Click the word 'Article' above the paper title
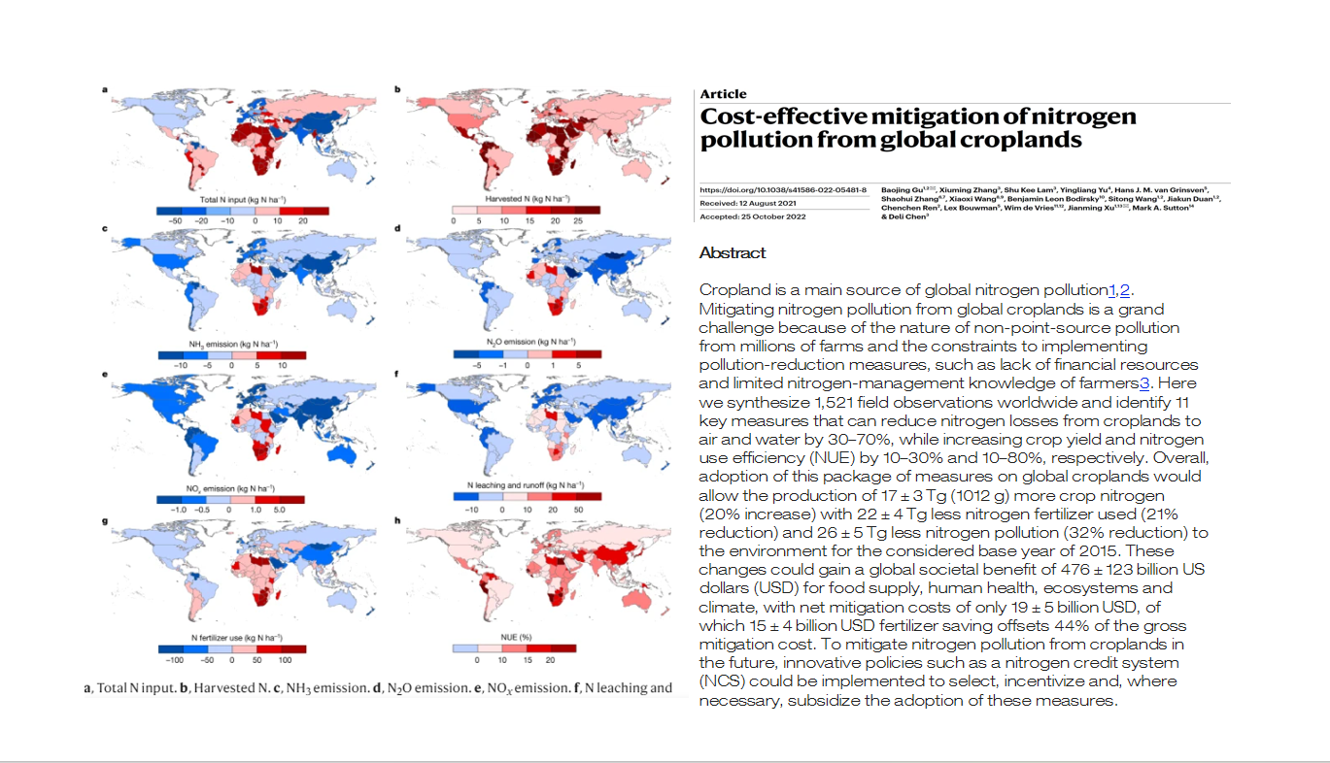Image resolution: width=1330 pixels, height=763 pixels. coord(723,94)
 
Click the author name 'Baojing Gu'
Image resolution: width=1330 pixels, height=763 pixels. coord(900,189)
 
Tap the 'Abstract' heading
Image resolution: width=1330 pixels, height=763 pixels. coord(733,253)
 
